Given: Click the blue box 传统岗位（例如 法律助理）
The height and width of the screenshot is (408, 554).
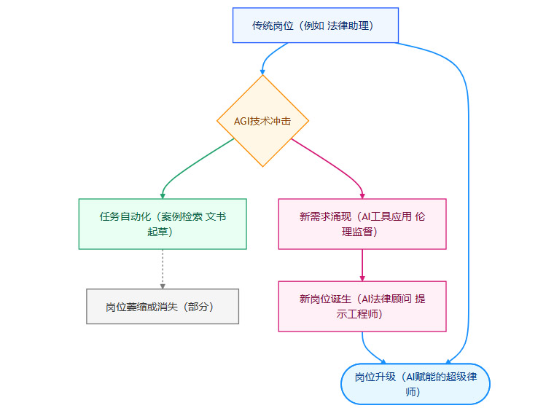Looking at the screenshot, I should tap(315, 25).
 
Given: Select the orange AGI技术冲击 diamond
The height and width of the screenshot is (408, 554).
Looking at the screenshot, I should tap(263, 121).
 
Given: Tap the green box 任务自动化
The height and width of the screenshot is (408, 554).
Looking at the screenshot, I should tap(163, 224).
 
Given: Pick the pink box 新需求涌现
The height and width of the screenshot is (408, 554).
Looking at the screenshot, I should tap(362, 224).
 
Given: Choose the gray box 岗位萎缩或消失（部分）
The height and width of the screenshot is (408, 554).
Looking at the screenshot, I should tap(162, 307).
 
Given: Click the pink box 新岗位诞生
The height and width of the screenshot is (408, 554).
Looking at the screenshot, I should tap(362, 306).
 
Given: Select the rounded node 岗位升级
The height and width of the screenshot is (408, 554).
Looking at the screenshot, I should tap(415, 384).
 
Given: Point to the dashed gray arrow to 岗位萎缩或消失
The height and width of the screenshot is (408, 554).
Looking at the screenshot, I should tap(163, 269).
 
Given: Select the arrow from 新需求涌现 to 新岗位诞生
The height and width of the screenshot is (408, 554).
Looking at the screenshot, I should tap(362, 264).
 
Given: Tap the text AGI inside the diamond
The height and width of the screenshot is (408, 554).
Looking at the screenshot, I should tap(243, 121).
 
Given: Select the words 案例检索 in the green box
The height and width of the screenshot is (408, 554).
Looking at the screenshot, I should tap(182, 216).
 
